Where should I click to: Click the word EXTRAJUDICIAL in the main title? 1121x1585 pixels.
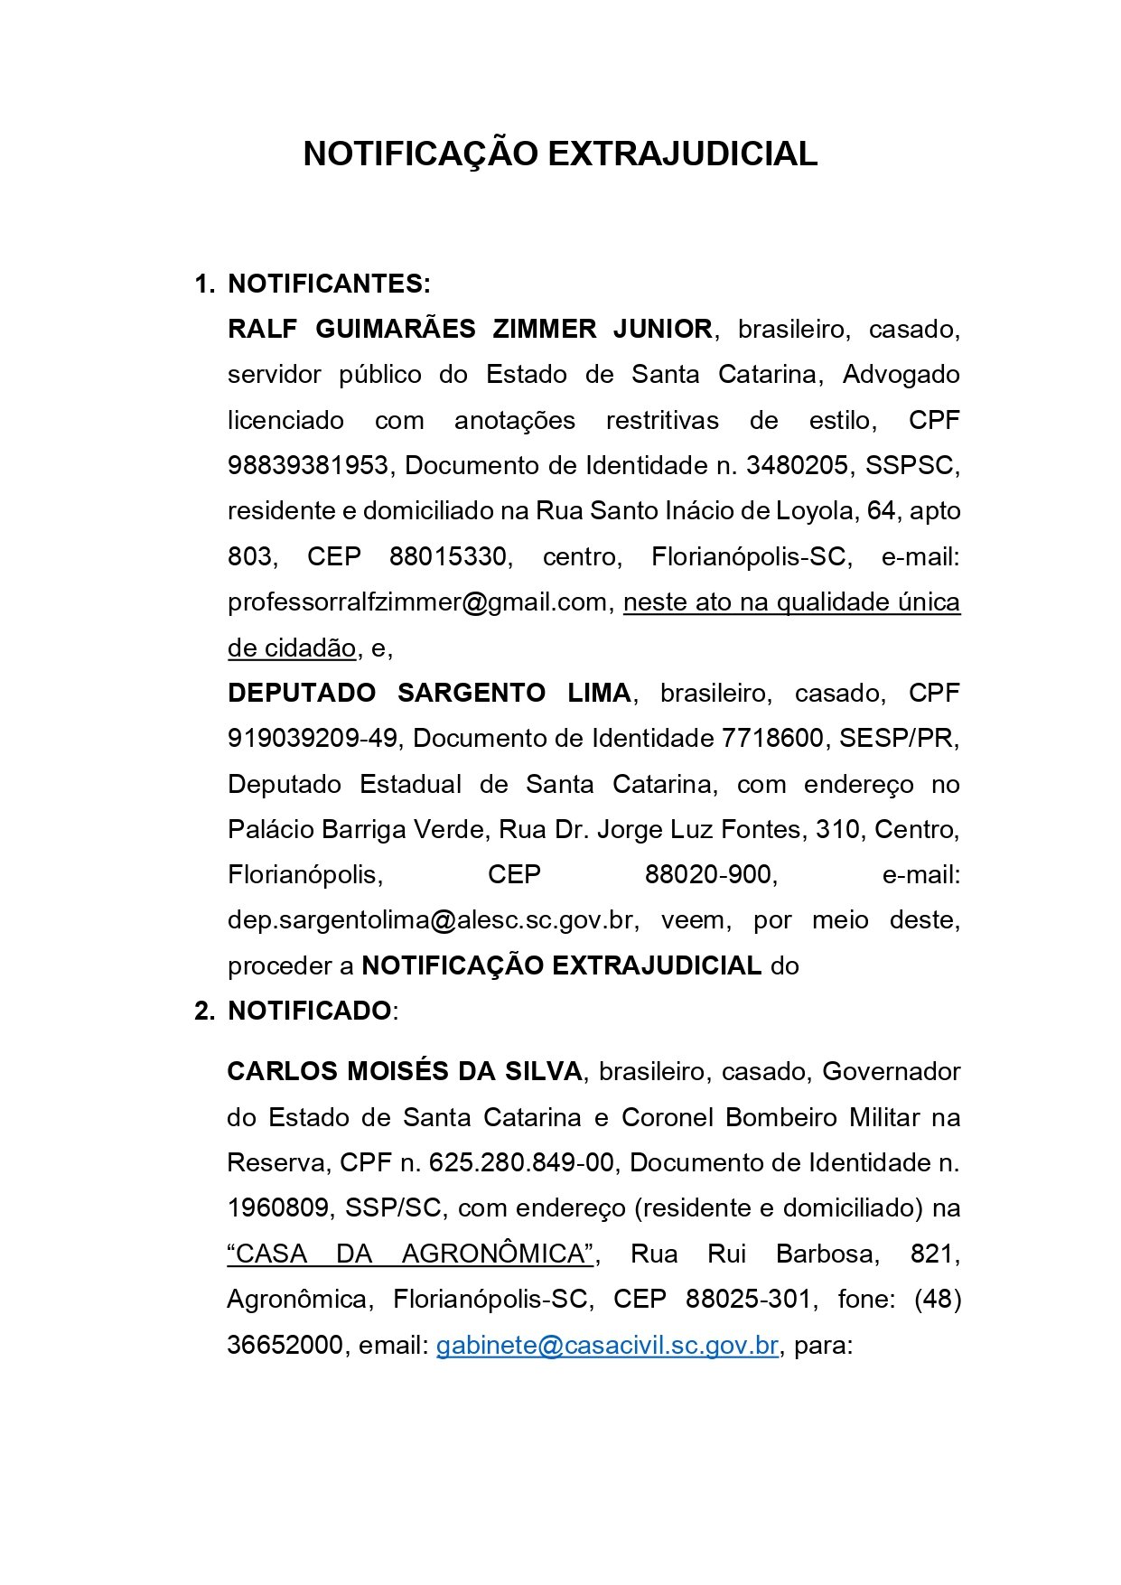point(682,154)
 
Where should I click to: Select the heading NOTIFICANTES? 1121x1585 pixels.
point(329,284)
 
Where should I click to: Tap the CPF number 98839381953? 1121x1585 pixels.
point(307,465)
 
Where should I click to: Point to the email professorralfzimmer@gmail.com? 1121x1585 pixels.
point(416,601)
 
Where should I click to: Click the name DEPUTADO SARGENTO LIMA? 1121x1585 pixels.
point(429,693)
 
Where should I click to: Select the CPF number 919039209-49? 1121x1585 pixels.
point(312,738)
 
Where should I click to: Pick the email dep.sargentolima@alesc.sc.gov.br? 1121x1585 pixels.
point(430,919)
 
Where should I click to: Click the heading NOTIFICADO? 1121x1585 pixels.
point(309,1011)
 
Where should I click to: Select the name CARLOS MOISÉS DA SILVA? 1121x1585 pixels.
point(405,1071)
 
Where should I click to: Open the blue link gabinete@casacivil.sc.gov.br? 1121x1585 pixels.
point(607,1345)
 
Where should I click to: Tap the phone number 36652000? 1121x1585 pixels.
point(285,1345)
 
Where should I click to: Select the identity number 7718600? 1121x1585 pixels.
point(772,738)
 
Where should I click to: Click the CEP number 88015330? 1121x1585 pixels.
point(448,556)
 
